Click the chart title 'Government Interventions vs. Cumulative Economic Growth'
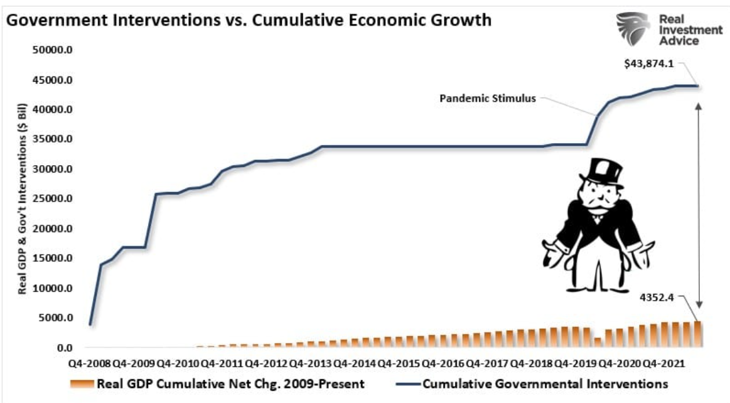click(x=249, y=20)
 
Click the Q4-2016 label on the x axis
click(x=443, y=363)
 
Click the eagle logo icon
click(x=632, y=30)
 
